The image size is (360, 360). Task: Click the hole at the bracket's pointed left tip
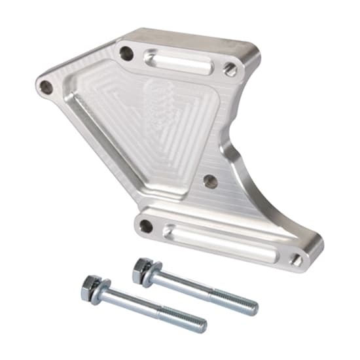click(46, 86)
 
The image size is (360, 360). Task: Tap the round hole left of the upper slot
click(126, 54)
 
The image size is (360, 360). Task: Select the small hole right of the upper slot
click(230, 68)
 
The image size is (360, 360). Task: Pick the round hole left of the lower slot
click(146, 226)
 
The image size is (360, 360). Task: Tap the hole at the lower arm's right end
click(297, 260)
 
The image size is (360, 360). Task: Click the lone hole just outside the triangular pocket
click(209, 181)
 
